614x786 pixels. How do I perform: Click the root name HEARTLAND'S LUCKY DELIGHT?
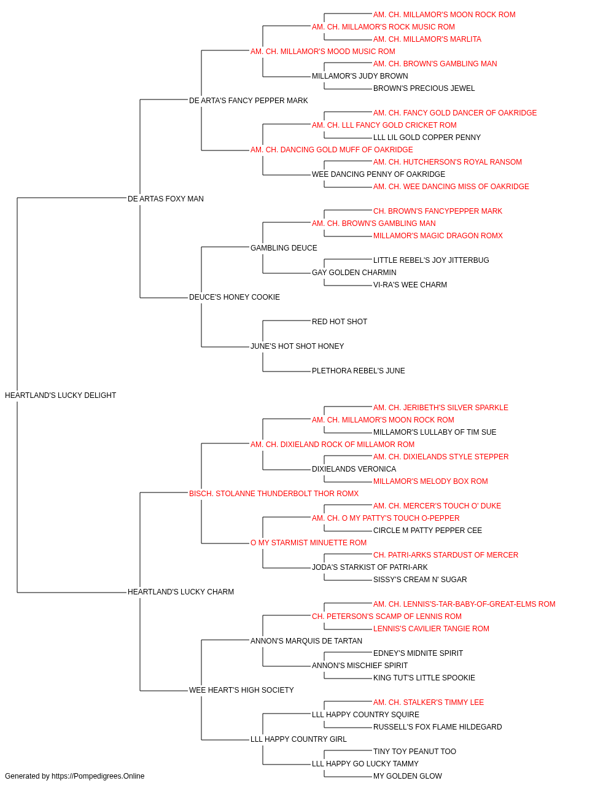60,395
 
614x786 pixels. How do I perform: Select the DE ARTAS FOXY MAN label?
166,198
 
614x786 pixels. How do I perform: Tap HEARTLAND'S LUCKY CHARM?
181,592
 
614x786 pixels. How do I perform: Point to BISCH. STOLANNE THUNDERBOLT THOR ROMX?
274,493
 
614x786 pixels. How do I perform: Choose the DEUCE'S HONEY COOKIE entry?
235,297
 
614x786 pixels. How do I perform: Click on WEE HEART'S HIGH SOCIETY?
241,690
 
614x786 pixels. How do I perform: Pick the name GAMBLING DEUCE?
284,247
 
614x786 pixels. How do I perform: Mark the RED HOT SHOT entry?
339,322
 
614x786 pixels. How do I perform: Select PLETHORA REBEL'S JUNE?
359,371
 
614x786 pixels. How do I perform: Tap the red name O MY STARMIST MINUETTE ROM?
308,543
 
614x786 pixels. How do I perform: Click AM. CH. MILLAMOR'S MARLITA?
427,39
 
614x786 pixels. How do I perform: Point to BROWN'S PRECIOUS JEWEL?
424,88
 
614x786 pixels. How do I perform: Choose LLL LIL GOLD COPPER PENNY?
427,138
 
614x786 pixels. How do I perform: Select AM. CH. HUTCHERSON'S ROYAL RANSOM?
448,162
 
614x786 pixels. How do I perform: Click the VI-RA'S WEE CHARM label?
410,285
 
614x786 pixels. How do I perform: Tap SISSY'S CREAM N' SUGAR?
420,580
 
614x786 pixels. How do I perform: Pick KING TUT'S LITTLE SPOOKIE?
424,677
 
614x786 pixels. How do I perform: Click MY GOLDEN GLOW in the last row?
408,776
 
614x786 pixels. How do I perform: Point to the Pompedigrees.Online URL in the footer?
98,776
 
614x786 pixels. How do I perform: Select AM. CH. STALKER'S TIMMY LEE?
428,702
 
